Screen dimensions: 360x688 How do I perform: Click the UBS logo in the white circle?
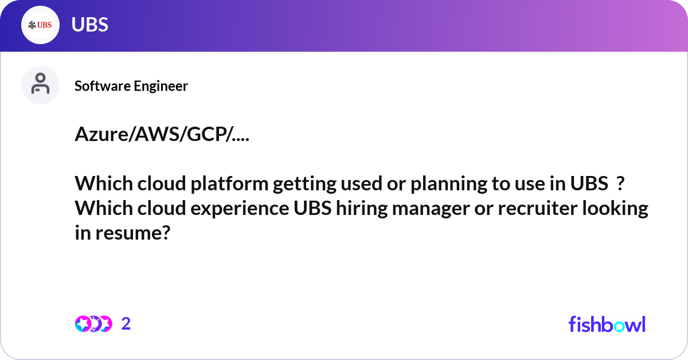pos(40,25)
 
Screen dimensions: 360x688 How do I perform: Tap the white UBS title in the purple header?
pos(90,25)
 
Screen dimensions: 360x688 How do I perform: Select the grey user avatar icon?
pos(40,85)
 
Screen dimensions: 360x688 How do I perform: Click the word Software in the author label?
pos(102,86)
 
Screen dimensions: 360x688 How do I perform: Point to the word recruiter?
pos(538,209)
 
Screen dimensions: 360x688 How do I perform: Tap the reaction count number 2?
pos(126,324)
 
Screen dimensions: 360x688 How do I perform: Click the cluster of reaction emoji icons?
pos(93,324)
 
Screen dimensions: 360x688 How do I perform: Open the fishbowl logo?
pos(607,324)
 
